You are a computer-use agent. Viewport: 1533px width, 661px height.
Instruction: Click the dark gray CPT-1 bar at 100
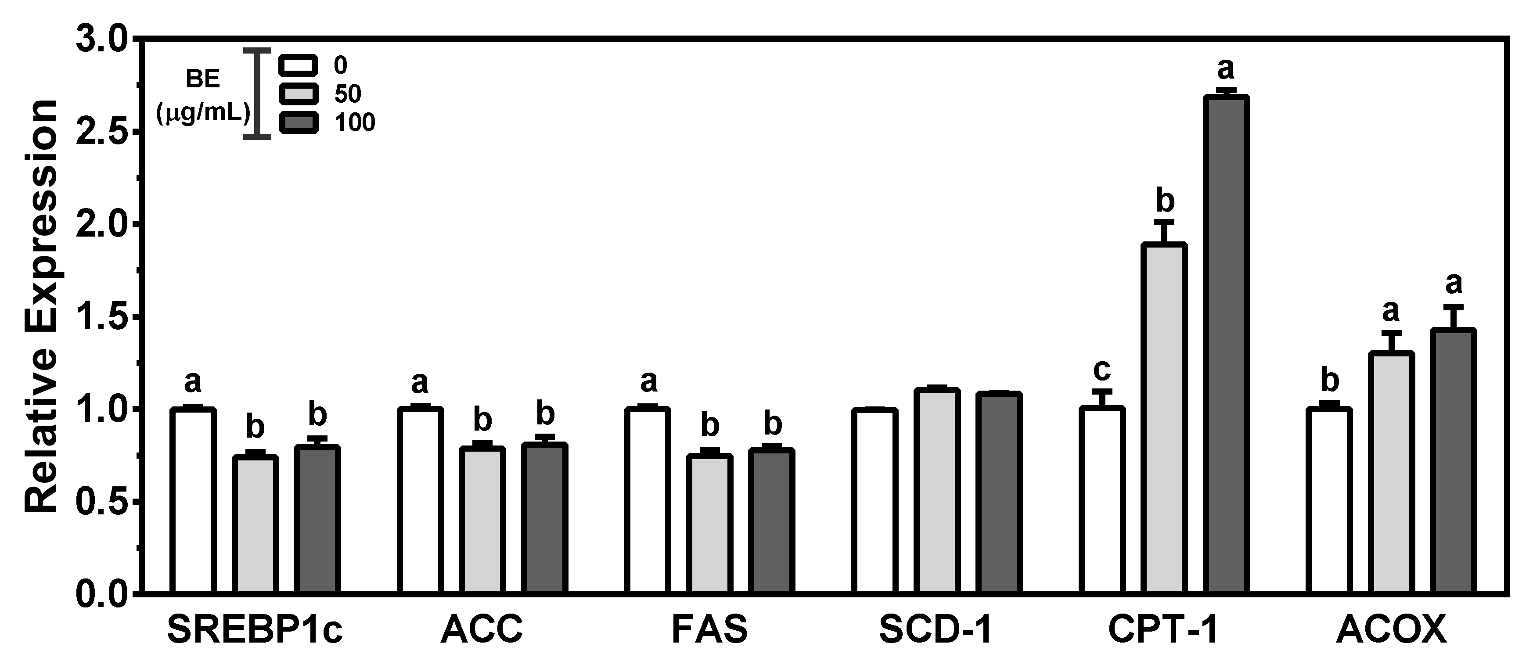point(1227,345)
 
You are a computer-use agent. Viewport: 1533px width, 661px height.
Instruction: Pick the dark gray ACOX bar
point(1453,461)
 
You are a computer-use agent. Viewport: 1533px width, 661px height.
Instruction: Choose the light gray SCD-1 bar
point(937,491)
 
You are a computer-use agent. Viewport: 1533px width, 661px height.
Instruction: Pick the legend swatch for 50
point(298,94)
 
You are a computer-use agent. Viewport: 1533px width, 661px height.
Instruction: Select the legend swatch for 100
point(298,122)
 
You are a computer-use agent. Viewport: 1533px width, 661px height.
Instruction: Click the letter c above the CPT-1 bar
point(1101,370)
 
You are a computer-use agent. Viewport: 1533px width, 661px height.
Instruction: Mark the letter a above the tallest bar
point(1225,70)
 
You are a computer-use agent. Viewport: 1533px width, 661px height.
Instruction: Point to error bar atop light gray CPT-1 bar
point(1165,231)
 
